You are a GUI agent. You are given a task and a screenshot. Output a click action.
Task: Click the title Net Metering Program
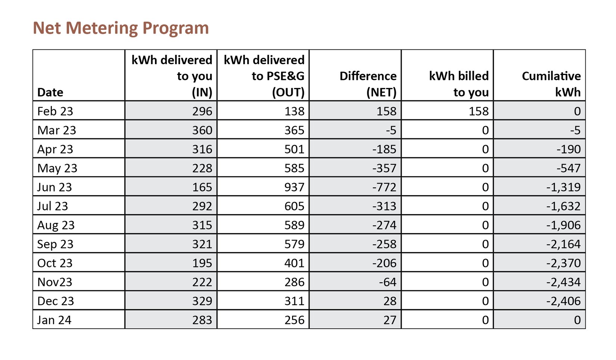coord(121,28)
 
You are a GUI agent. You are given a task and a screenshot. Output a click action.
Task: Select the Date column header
coord(50,92)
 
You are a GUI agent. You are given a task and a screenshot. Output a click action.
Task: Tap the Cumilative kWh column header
coord(551,84)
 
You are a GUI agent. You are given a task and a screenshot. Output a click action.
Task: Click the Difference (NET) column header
coord(368,84)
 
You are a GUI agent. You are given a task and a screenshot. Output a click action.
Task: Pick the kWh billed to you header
coord(459,84)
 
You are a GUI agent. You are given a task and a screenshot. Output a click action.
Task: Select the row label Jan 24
coord(55,320)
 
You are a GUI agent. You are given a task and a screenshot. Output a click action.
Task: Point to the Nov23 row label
coord(55,282)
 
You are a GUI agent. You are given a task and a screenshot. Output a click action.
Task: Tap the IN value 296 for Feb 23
coord(202,111)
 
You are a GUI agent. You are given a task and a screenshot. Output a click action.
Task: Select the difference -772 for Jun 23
coord(384,187)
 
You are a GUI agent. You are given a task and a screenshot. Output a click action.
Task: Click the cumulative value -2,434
coord(563,282)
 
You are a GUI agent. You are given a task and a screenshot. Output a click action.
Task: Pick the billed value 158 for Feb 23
coord(479,111)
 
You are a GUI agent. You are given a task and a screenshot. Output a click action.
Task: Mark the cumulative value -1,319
coord(563,187)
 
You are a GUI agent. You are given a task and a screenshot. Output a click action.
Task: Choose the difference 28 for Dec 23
coord(390,301)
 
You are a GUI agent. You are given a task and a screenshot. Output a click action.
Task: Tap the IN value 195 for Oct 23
coord(202,263)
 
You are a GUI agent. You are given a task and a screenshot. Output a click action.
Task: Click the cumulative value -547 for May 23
coord(569,168)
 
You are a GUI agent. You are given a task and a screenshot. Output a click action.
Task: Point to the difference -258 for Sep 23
coord(384,244)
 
